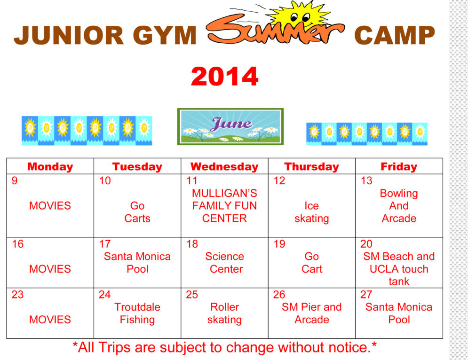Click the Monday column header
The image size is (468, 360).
(50, 166)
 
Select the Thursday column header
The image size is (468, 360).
(311, 166)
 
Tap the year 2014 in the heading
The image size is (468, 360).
(224, 76)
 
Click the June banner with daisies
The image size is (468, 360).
(230, 127)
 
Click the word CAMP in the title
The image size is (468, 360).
(395, 35)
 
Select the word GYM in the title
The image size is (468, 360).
(165, 35)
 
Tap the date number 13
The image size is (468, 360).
(366, 180)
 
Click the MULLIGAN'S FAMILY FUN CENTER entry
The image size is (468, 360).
(224, 206)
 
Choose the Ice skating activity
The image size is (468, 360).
(311, 212)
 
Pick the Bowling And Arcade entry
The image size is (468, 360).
(399, 206)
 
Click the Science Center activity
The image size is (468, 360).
(225, 263)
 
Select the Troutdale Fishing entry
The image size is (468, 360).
(137, 313)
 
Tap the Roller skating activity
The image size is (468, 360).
(224, 313)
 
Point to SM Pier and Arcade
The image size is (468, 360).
(311, 313)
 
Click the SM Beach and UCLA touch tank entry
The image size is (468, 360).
(399, 269)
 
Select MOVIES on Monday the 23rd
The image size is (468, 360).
(50, 320)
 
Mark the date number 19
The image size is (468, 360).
(279, 244)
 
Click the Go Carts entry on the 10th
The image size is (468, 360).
(137, 212)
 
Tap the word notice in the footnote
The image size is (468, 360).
(348, 347)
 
